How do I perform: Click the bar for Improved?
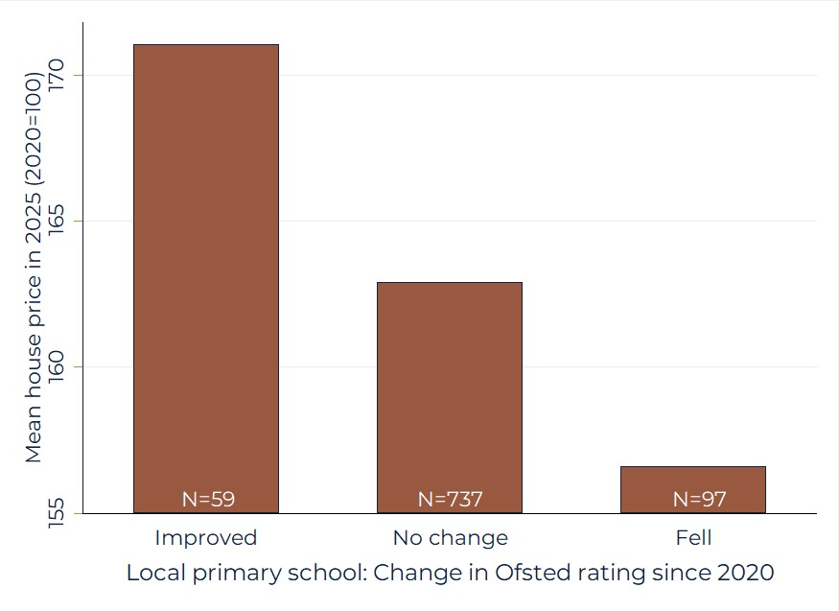pyautogui.click(x=206, y=278)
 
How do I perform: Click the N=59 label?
pyautogui.click(x=208, y=499)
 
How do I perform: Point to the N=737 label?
pyautogui.click(x=450, y=499)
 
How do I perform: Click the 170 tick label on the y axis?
pyautogui.click(x=55, y=75)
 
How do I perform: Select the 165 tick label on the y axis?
pyautogui.click(x=55, y=221)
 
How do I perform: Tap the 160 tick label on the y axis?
pyautogui.click(x=55, y=366)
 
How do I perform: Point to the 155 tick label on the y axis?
pyautogui.click(x=55, y=512)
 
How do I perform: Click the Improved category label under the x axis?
pyautogui.click(x=206, y=536)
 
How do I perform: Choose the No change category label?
pyautogui.click(x=450, y=536)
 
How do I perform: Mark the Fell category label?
pyautogui.click(x=693, y=536)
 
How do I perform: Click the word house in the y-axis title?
pyautogui.click(x=34, y=368)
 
